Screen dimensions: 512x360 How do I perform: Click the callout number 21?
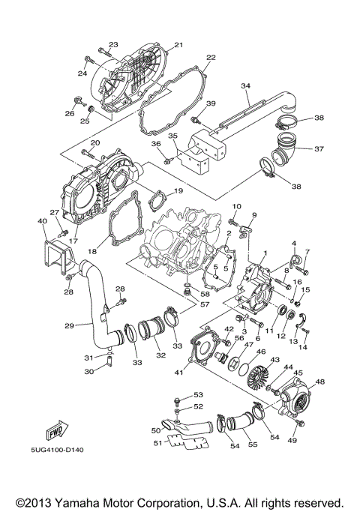tap(178, 45)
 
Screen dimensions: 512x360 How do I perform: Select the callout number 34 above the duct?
tap(244, 87)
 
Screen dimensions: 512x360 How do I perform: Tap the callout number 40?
tap(42, 221)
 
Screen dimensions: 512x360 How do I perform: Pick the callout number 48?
tap(320, 382)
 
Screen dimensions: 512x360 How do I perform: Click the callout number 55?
tap(253, 444)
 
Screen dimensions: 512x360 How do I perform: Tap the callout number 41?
tap(179, 372)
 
